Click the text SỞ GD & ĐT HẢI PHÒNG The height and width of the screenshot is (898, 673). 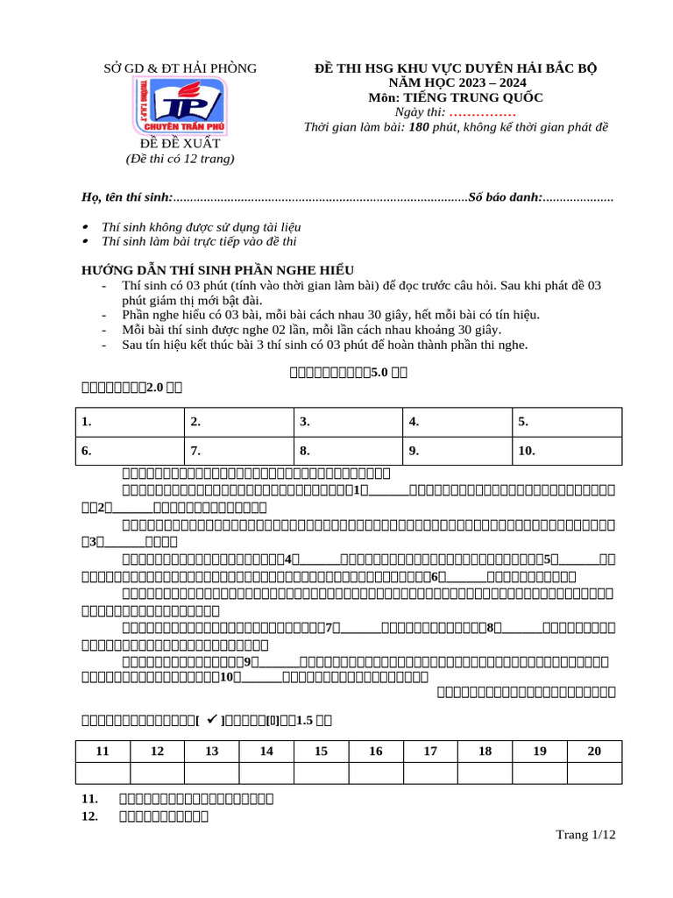pos(180,68)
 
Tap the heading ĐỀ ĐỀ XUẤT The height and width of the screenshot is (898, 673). pos(180,143)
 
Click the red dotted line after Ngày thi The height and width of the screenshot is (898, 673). pos(482,112)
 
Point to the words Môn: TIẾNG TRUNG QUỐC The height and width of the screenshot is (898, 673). pos(456,97)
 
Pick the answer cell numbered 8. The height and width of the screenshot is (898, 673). pos(347,452)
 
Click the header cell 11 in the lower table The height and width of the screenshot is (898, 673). pos(103,751)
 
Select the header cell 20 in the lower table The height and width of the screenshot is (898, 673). pos(594,751)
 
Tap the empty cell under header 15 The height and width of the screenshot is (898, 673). pos(321,772)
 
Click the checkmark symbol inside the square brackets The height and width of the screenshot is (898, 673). pos(211,720)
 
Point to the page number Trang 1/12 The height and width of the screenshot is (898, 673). pos(585,835)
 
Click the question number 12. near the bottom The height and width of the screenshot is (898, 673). pos(89,816)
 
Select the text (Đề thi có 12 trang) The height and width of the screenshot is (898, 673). pos(180,159)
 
